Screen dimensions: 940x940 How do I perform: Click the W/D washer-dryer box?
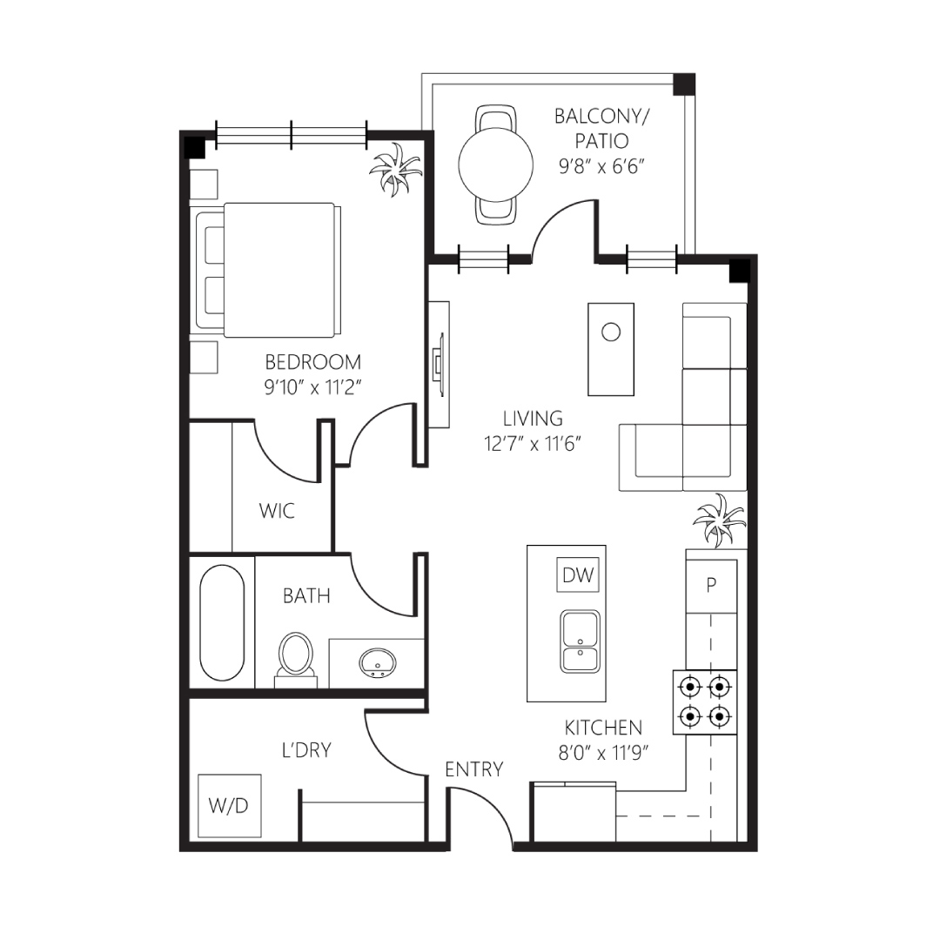[230, 805]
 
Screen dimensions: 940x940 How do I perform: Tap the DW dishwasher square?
[578, 575]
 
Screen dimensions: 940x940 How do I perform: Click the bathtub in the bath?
[222, 622]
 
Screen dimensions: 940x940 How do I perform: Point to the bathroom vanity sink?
[377, 662]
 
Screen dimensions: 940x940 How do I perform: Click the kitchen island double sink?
[580, 641]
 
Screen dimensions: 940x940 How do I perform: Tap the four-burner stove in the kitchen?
[704, 702]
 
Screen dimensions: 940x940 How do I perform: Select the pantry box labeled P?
[712, 586]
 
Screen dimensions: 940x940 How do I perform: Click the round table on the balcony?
[496, 164]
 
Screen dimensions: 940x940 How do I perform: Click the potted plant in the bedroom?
[394, 169]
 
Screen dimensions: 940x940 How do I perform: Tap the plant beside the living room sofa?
[719, 520]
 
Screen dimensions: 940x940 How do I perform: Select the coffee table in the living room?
[611, 350]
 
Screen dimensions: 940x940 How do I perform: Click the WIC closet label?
[277, 511]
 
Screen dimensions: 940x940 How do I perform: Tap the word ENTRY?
[473, 769]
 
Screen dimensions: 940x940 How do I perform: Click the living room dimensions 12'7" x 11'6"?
[533, 444]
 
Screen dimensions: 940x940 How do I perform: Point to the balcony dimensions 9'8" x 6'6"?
[601, 166]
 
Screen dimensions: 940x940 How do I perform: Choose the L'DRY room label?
[306, 750]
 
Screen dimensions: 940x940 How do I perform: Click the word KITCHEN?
[603, 727]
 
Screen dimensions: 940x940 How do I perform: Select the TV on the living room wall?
[439, 365]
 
